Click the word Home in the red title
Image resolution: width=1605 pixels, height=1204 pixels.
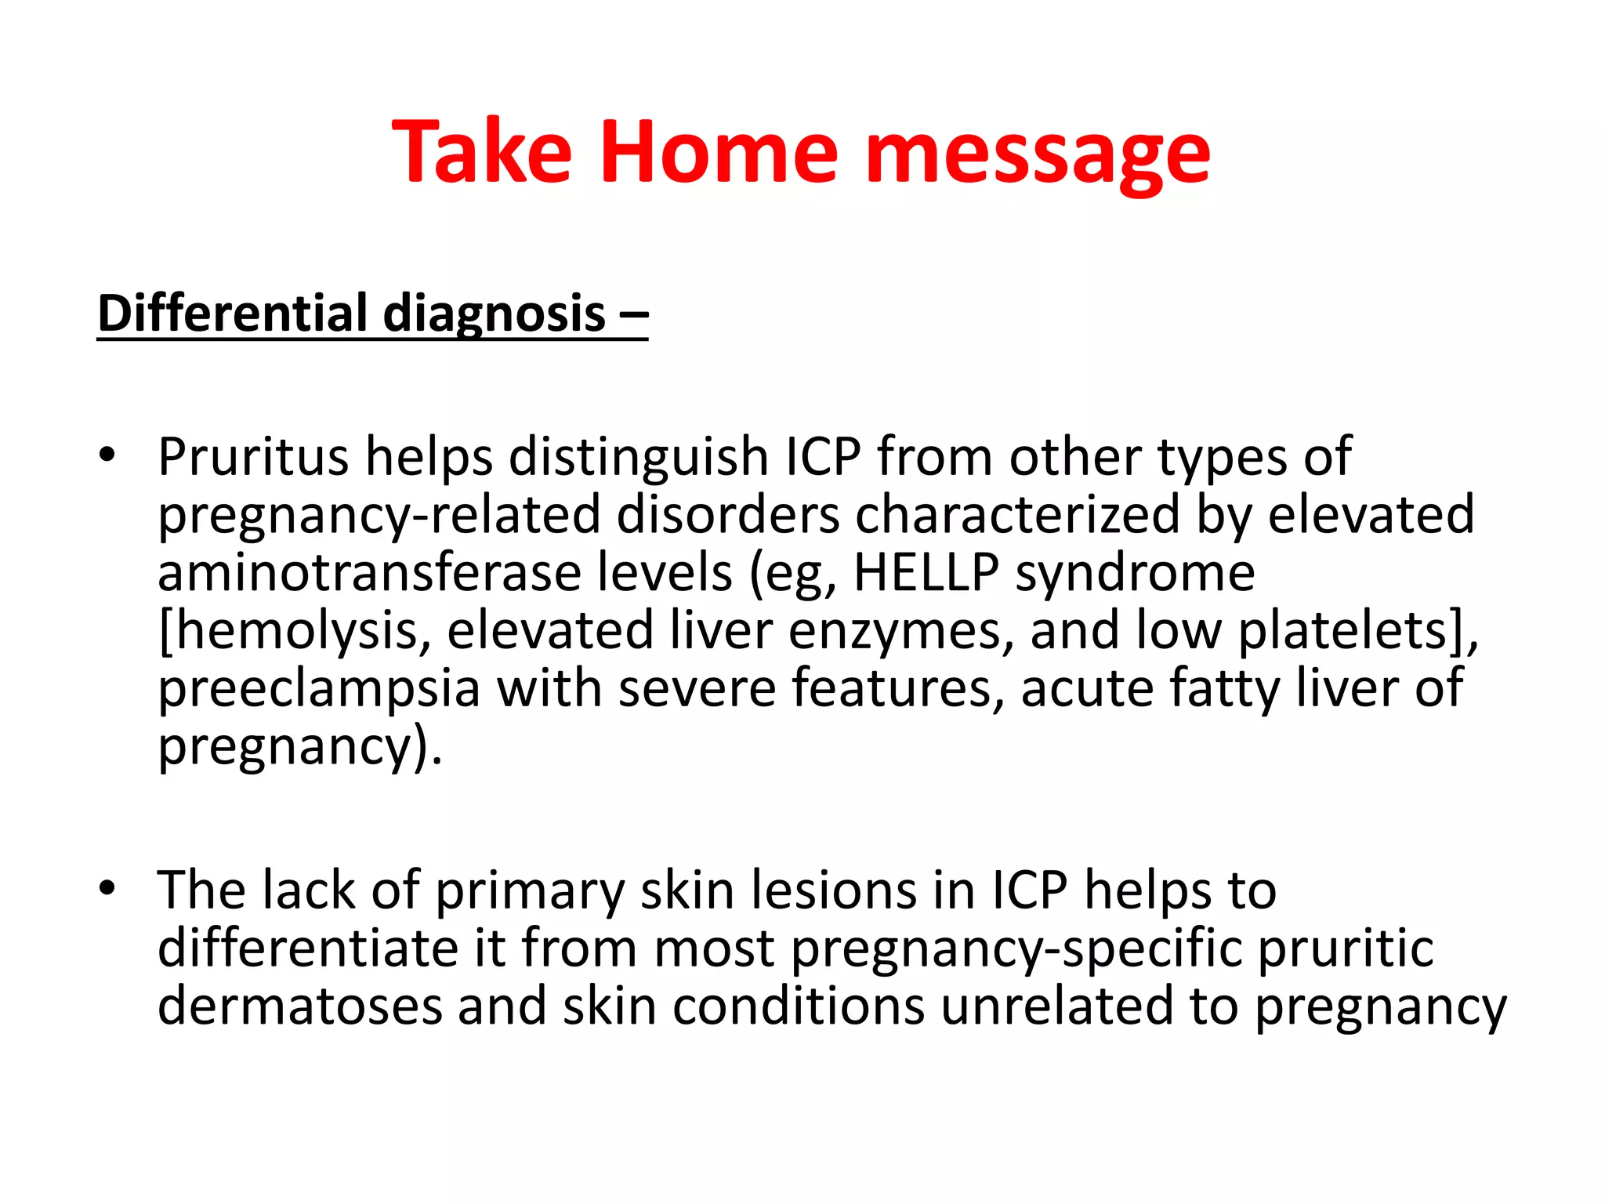click(x=719, y=152)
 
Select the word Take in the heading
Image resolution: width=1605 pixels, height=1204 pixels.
click(x=482, y=152)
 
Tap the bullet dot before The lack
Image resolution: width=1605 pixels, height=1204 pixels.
click(x=107, y=888)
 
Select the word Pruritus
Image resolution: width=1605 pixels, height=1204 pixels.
click(x=253, y=457)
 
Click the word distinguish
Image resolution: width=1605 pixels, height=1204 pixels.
click(x=639, y=457)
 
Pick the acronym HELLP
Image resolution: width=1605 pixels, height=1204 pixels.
click(x=926, y=572)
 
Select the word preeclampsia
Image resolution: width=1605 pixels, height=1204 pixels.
click(x=319, y=688)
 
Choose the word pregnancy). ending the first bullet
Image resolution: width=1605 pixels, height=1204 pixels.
click(x=300, y=746)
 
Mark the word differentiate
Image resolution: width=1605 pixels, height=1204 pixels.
click(x=306, y=949)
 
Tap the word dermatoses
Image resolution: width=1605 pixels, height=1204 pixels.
click(x=299, y=1007)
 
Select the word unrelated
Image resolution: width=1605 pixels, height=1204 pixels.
click(x=1056, y=1007)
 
